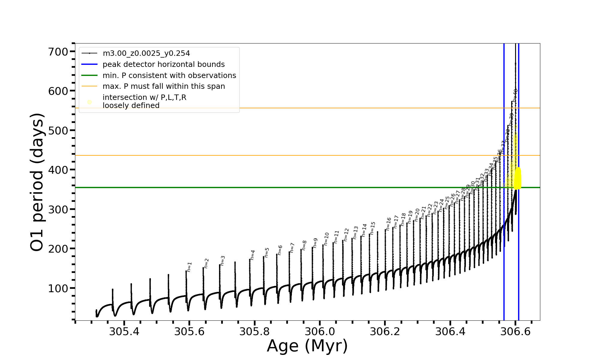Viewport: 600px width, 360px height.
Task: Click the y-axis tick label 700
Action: [58, 52]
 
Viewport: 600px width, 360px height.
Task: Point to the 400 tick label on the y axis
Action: [58, 170]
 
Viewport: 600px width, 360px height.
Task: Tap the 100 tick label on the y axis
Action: [58, 288]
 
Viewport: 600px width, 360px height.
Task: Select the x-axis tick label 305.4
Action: [124, 331]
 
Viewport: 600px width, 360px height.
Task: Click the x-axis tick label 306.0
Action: [320, 331]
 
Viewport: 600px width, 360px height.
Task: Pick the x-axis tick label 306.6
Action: [515, 331]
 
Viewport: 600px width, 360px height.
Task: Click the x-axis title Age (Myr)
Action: [307, 346]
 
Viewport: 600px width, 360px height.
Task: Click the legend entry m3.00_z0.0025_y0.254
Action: [146, 53]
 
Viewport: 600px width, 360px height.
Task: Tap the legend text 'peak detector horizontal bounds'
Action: [163, 64]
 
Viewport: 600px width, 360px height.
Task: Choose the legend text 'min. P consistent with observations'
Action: [169, 76]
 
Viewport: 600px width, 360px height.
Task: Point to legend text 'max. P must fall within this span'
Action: [163, 86]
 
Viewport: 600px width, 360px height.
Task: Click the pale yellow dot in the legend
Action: [89, 102]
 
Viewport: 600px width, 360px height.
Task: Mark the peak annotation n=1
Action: [189, 267]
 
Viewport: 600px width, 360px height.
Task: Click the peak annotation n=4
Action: [252, 255]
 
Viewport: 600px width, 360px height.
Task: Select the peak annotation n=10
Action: [326, 239]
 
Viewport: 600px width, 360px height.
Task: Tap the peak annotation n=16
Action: [388, 224]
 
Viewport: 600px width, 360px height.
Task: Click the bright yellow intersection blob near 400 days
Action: [517, 178]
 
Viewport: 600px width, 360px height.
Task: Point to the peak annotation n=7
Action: [292, 247]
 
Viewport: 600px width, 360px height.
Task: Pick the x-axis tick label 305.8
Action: [255, 331]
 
